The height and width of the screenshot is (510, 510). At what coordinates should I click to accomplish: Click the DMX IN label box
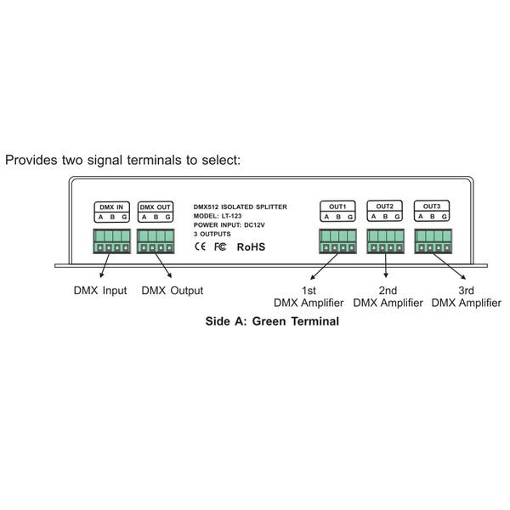point(112,212)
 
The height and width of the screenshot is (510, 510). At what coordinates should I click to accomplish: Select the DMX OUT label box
point(156,212)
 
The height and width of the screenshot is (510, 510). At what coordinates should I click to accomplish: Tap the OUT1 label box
point(337,212)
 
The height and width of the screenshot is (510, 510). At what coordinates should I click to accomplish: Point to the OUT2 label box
point(385,211)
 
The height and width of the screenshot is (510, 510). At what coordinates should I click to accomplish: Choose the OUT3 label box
point(432,211)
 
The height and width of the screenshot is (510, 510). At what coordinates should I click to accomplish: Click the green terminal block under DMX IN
point(112,241)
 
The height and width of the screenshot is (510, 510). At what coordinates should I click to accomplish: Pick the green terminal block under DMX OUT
point(156,241)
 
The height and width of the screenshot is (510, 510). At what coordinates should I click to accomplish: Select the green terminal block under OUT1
point(337,241)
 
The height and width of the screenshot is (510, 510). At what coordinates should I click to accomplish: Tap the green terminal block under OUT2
point(385,241)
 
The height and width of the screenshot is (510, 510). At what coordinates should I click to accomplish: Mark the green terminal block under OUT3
point(433,241)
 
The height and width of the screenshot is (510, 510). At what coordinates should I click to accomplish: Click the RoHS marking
point(251,247)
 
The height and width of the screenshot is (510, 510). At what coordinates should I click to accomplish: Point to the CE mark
point(200,246)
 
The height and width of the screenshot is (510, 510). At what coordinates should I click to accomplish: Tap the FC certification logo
point(220,246)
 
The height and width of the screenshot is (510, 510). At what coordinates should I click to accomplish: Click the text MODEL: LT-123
point(218,216)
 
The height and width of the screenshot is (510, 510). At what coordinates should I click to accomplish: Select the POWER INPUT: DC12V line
point(229,225)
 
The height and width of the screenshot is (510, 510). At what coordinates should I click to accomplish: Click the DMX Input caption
point(100,291)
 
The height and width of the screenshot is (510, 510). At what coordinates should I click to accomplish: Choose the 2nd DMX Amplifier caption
point(388,297)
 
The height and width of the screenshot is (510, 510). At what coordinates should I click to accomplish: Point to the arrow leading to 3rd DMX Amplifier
point(449,266)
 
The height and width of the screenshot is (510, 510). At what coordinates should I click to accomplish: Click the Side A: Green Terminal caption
point(272,321)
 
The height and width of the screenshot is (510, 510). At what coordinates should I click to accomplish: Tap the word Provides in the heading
point(31,161)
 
